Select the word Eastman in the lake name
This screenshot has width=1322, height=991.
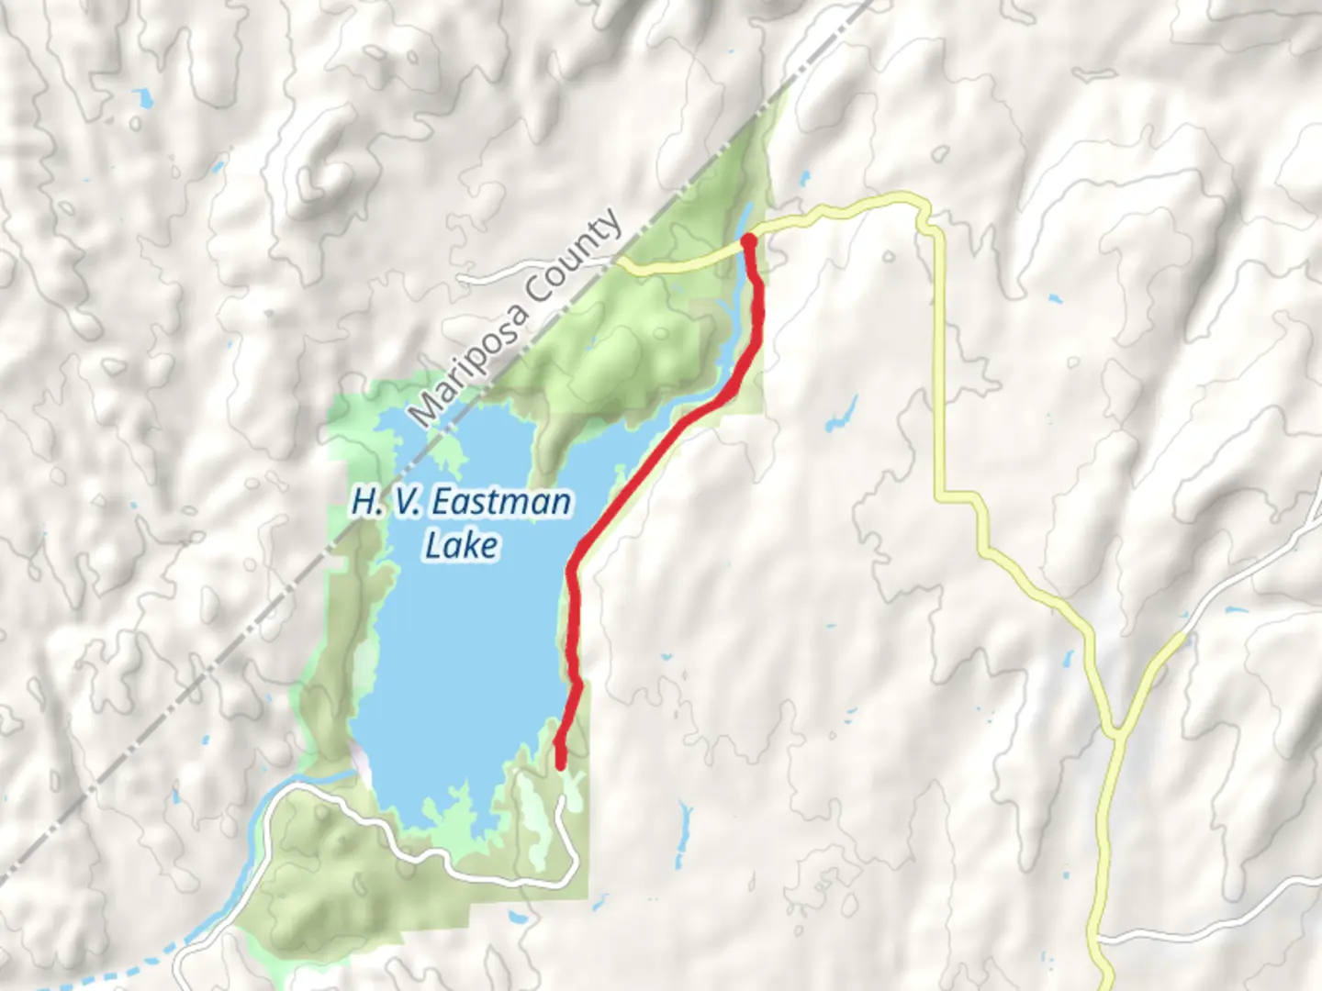click(501, 503)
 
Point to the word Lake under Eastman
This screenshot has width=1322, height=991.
click(462, 545)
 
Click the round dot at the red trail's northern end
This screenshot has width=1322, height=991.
click(748, 240)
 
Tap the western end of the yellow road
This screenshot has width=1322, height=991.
click(619, 262)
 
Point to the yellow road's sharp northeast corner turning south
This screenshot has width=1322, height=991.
click(923, 213)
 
